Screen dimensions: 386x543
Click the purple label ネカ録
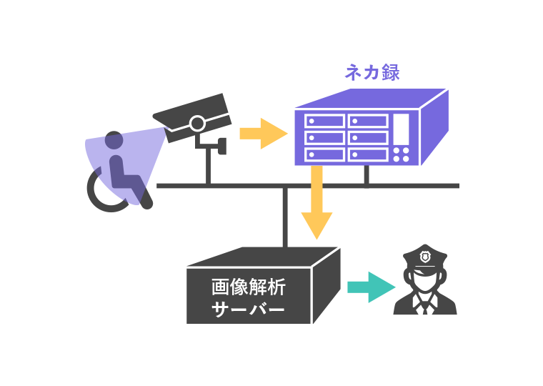372,72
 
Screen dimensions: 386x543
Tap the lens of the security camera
198,123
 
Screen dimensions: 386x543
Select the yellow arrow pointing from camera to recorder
262,133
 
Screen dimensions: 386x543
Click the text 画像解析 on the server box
249,287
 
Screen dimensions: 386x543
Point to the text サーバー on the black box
249,310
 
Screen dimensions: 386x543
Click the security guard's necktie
425,308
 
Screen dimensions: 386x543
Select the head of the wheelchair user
114,140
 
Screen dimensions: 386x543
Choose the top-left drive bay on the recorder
325,121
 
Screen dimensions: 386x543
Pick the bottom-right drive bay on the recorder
368,154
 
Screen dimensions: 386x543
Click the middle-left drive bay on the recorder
325,137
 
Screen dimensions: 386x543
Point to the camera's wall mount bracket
214,145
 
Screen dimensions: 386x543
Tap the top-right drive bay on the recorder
368,121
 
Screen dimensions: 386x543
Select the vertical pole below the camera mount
208,169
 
